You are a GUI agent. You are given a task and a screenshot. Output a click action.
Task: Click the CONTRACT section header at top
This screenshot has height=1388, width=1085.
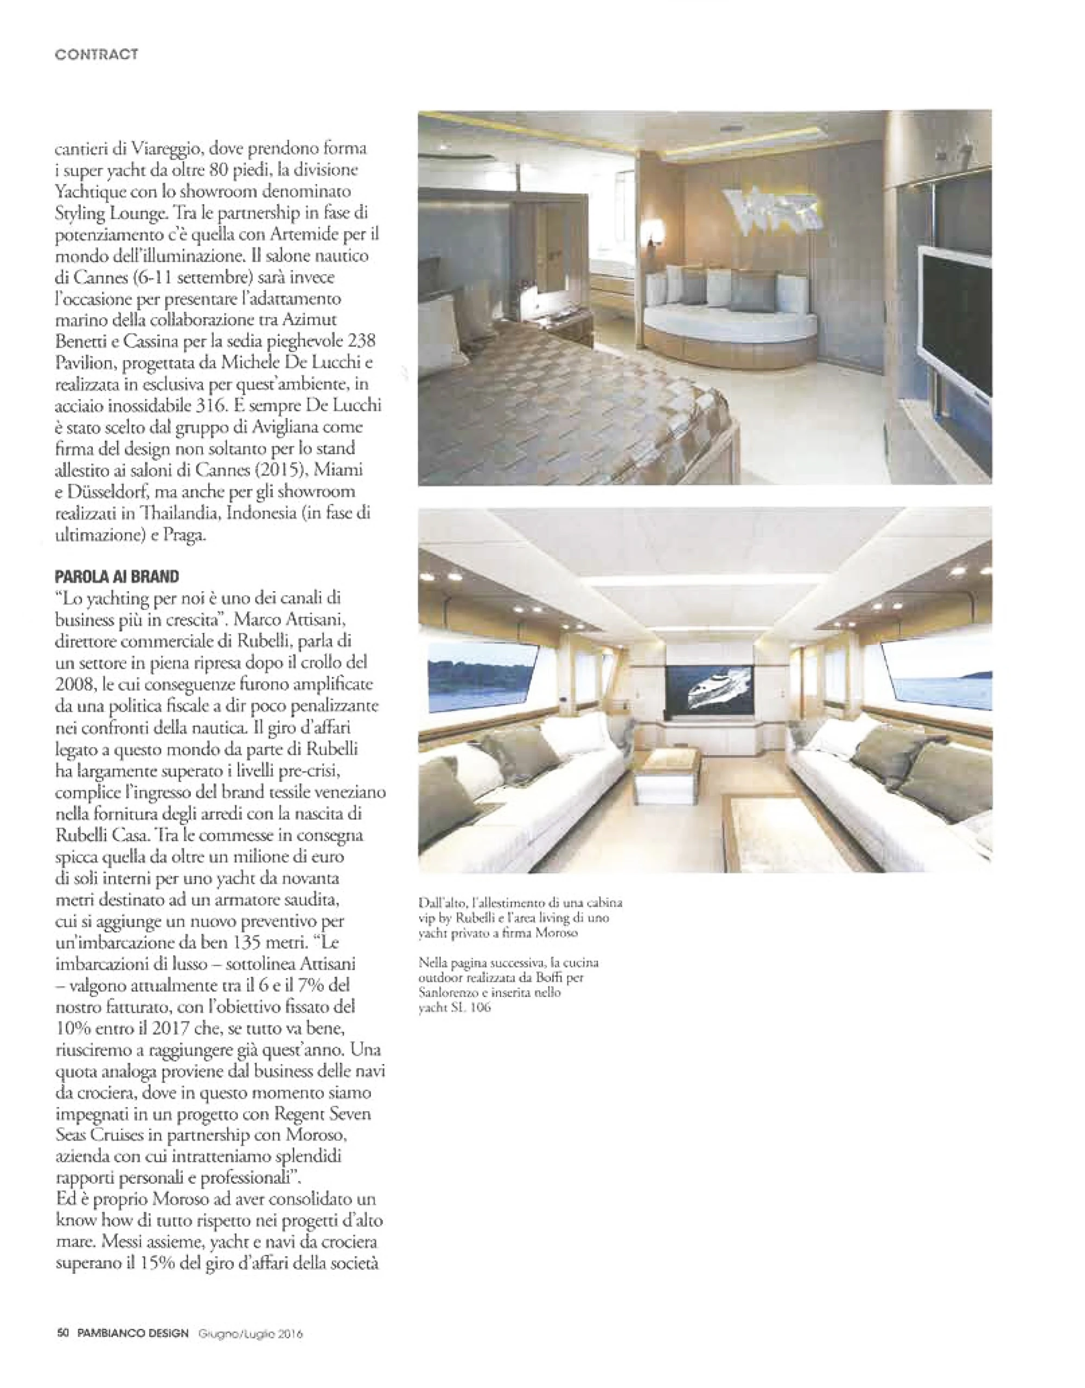(x=97, y=55)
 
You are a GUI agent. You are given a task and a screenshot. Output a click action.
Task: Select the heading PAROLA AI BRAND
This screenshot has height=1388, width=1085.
(x=117, y=576)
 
